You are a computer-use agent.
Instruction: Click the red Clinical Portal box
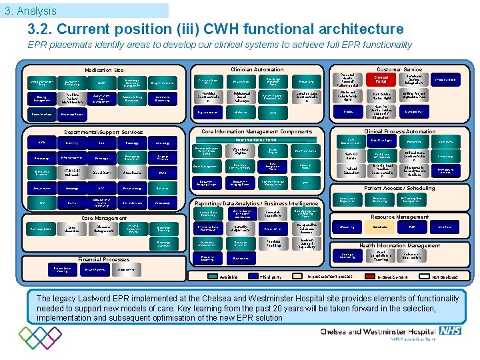pos(381,79)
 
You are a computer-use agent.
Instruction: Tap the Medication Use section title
pos(103,70)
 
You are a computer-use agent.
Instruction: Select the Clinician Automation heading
pos(257,69)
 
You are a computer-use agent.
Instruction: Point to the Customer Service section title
pos(399,69)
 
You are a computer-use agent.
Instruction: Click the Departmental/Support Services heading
pos(103,132)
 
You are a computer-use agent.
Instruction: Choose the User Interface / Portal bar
pos(256,140)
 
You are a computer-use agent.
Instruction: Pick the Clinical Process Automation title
pos(399,131)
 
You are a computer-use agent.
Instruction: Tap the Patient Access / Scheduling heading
pos(399,189)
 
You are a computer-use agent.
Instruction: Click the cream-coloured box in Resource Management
pos(380,227)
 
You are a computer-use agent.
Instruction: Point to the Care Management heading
pos(103,218)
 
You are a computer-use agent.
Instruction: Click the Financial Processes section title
pos(103,259)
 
